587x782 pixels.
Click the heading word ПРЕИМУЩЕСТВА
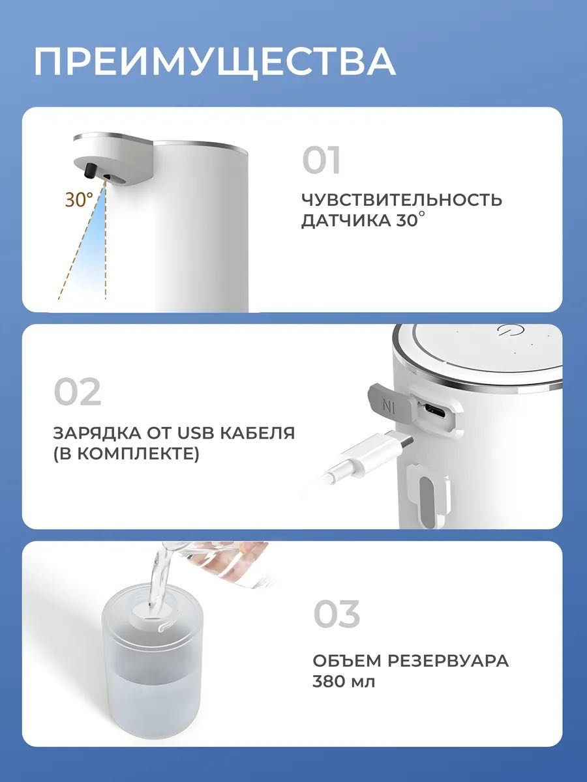pyautogui.click(x=215, y=62)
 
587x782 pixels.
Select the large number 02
pyautogui.click(x=78, y=392)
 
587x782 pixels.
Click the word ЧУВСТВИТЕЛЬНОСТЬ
pyautogui.click(x=402, y=199)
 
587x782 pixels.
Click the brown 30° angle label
pyautogui.click(x=79, y=199)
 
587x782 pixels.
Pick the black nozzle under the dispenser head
pyautogui.click(x=91, y=170)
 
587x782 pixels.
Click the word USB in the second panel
pyautogui.click(x=195, y=433)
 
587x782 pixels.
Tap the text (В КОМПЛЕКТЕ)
pyautogui.click(x=126, y=454)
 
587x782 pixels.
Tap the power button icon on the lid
pyautogui.click(x=507, y=330)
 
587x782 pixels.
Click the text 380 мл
pyautogui.click(x=344, y=682)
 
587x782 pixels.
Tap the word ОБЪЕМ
pyautogui.click(x=347, y=661)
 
